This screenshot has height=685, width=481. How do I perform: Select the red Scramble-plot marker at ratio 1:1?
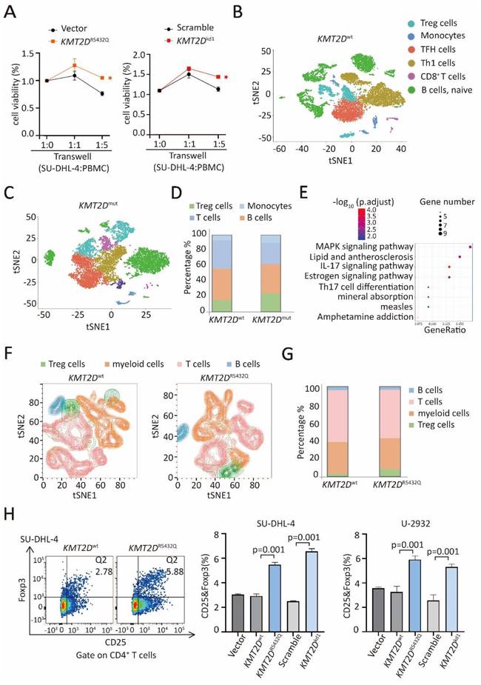(189, 68)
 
